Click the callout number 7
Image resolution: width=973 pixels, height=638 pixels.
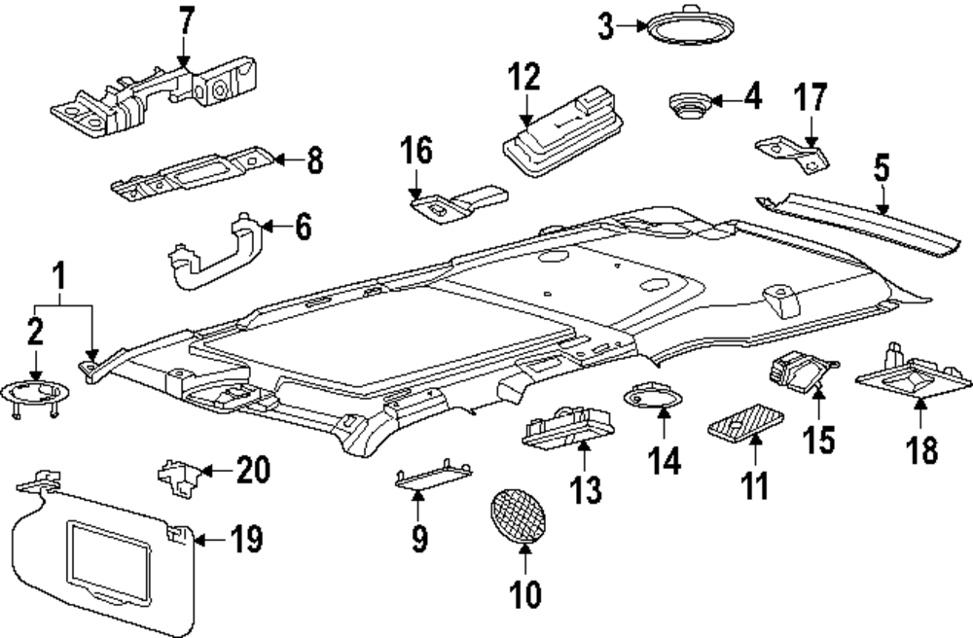coord(186,21)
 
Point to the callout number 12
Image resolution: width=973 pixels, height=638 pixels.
coord(527,79)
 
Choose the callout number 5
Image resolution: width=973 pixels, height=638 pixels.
coord(881,169)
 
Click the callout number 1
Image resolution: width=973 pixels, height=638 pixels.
coord(60,278)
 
